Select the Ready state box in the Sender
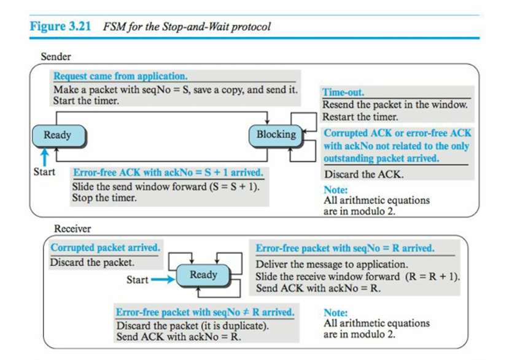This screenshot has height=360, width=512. point(57,135)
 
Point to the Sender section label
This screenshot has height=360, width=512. point(56,57)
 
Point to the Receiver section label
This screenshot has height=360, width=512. point(72,229)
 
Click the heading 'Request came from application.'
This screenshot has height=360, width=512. point(120,77)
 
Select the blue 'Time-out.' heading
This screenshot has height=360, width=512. point(343,93)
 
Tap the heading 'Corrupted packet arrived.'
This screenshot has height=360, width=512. point(105,248)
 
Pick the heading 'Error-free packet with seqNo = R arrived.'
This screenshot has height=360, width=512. point(345,249)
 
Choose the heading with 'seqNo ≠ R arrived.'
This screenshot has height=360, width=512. point(205,312)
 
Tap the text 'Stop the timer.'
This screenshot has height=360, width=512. point(104,198)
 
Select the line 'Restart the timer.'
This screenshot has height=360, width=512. point(360,116)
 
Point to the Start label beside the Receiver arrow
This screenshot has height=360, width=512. point(137,280)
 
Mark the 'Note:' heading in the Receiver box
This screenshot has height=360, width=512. point(336,313)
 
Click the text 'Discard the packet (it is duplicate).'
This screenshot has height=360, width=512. point(192,325)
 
